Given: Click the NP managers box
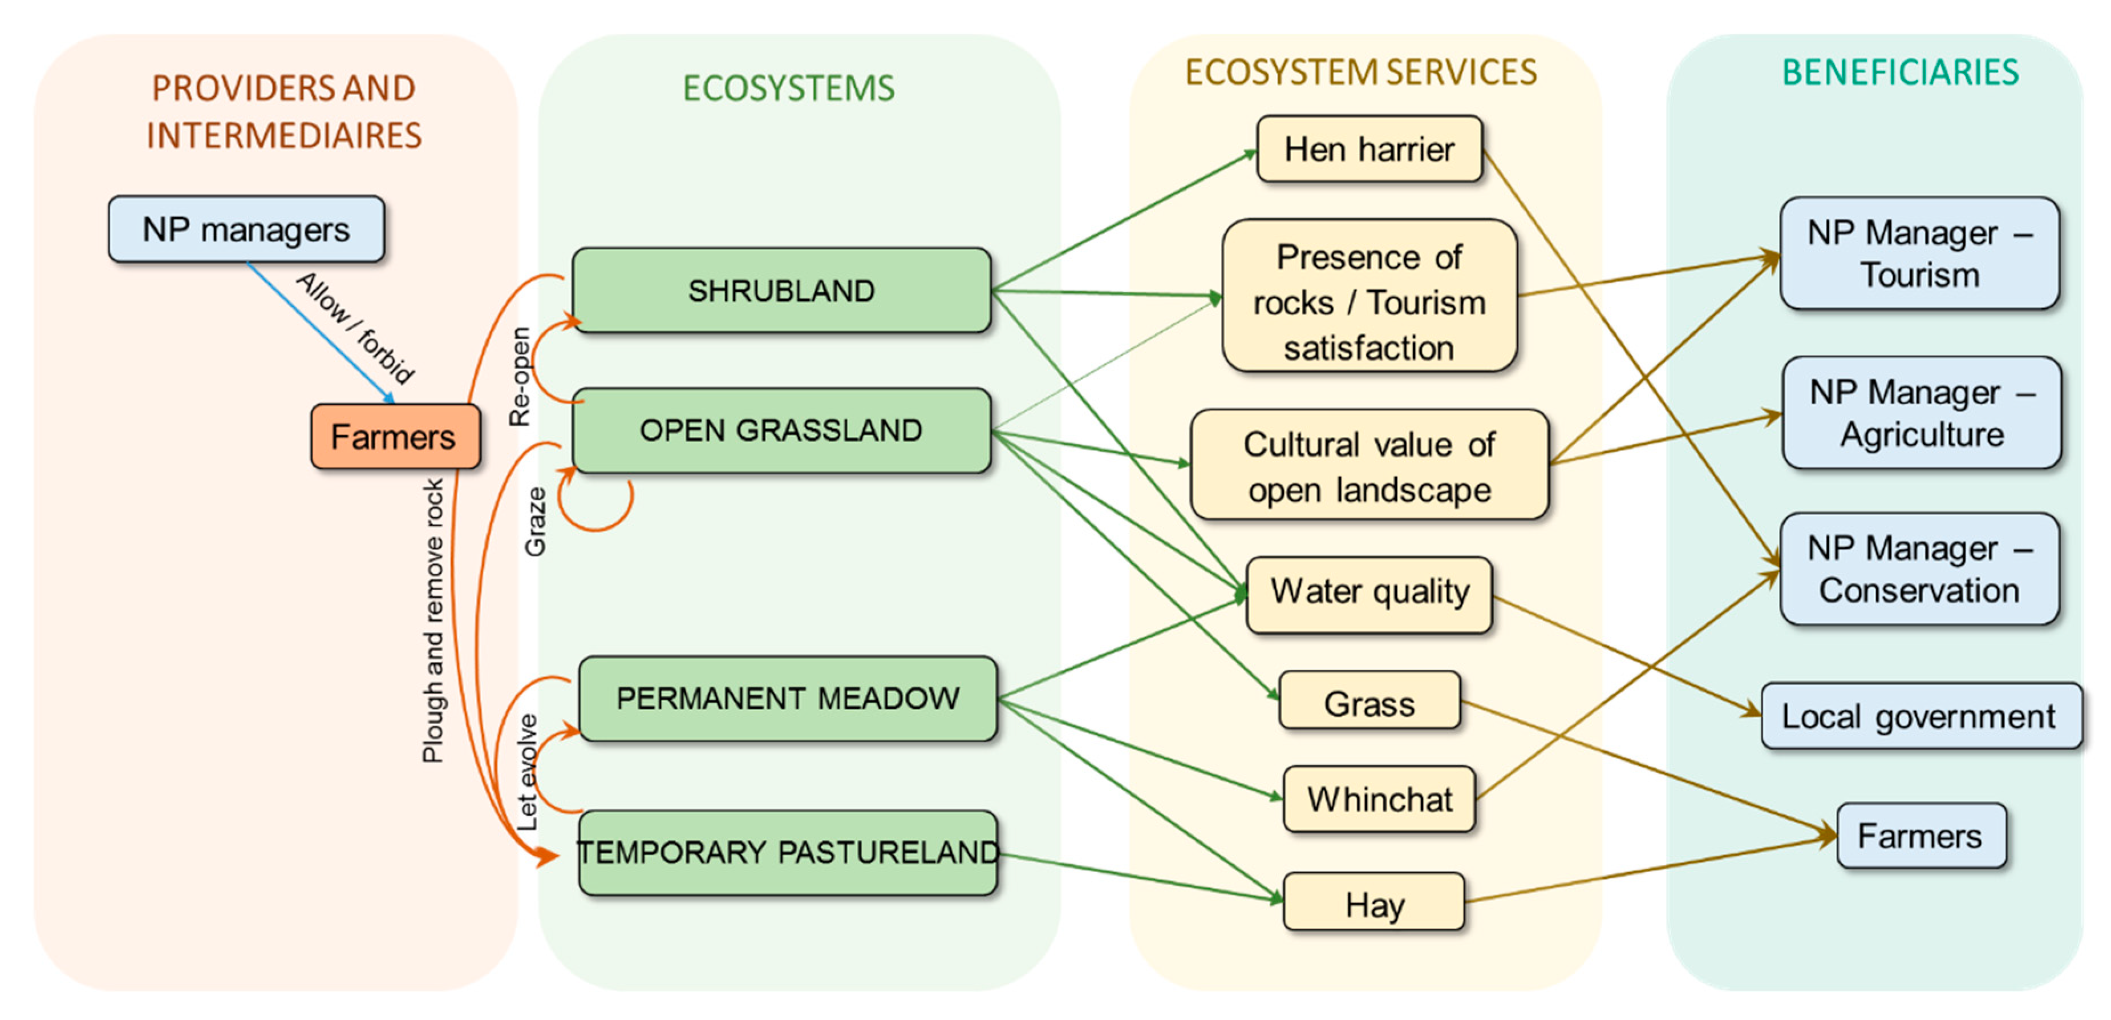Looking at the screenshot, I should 246,229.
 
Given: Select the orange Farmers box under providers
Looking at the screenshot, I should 394,436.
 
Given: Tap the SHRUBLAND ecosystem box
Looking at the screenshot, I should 781,291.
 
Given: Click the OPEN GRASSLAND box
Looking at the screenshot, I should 781,430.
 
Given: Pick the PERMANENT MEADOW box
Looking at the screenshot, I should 787,698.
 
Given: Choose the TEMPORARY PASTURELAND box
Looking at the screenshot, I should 787,852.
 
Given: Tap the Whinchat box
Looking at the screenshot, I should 1379,799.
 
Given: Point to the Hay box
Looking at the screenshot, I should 1373,903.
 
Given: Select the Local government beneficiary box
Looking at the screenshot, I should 1919,716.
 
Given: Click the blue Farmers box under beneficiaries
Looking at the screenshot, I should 1919,836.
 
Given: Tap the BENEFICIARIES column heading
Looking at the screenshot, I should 1899,72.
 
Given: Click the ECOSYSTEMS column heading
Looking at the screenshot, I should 788,88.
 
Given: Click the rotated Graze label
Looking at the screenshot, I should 535,522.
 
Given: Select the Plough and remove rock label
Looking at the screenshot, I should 433,620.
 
